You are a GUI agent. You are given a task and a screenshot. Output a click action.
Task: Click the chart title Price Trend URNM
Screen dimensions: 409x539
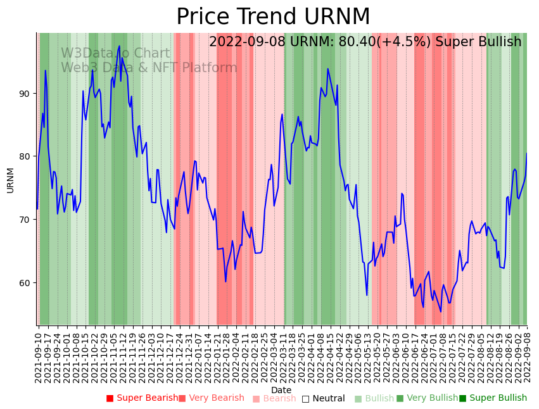[273, 17]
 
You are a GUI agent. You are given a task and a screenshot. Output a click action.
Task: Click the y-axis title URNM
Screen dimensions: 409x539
[10, 180]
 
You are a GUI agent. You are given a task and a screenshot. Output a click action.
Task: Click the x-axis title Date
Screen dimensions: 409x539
[281, 390]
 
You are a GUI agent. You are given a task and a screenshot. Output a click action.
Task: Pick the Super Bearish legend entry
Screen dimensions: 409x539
[142, 398]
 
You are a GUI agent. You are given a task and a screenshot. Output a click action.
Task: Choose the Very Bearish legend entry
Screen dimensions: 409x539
[211, 398]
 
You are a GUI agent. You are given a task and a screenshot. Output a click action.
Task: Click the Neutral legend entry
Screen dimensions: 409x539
[323, 398]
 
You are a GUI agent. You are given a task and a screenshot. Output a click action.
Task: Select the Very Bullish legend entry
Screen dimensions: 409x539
[427, 398]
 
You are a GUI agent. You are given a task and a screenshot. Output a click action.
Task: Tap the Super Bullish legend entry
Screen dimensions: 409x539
[493, 398]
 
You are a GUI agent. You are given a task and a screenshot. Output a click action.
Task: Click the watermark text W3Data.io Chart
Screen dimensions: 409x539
[115, 54]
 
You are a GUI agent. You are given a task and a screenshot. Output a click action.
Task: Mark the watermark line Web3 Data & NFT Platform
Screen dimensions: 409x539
[149, 68]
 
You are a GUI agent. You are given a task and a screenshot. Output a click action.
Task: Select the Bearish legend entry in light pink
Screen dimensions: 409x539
[274, 398]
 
